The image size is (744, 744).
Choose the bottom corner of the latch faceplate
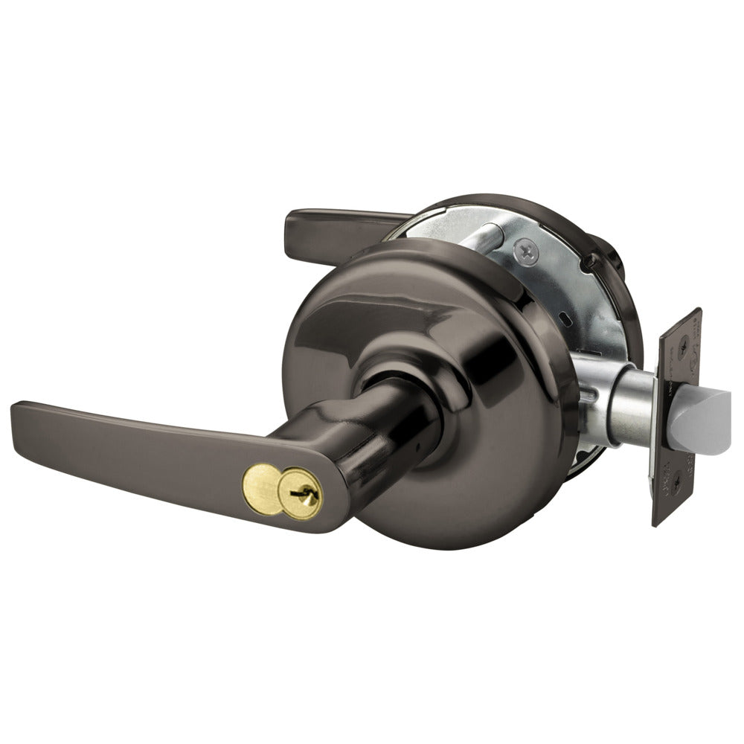(x=655, y=525)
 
